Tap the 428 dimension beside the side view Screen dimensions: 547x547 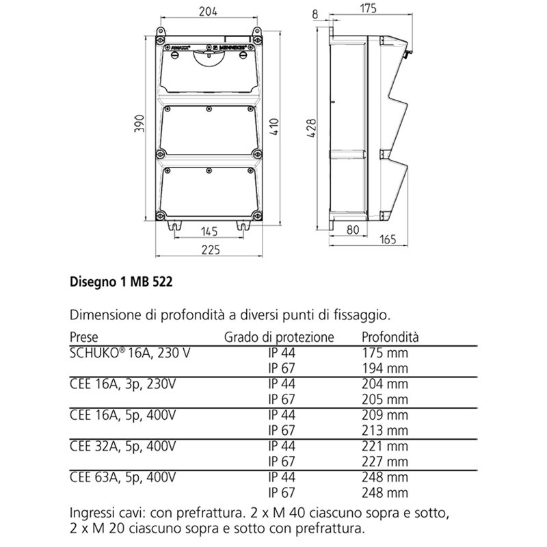312,127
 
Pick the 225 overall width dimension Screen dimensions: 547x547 209,250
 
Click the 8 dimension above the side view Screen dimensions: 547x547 315,12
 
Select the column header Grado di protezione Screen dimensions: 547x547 280,337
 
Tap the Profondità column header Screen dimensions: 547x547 390,337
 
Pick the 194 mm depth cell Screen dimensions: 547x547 384,369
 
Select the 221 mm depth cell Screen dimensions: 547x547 384,446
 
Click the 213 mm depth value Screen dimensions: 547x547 384,430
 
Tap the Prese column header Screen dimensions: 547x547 84,337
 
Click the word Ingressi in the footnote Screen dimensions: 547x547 93,513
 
